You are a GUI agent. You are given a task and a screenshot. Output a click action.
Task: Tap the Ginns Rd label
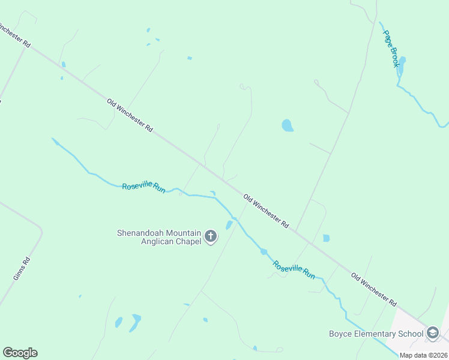tap(21, 268)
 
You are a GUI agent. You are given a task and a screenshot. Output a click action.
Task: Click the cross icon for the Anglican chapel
tap(211, 236)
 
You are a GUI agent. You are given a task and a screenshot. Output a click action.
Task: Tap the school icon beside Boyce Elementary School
tap(433, 334)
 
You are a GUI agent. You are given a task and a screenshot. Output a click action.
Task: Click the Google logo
tap(20, 353)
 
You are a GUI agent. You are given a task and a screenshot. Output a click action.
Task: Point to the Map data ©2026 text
tap(423, 355)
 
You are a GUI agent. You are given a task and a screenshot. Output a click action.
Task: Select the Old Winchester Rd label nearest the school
tap(374, 288)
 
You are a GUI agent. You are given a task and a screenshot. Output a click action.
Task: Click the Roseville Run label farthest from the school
tap(143, 187)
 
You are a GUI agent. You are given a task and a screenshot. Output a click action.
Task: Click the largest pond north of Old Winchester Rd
tap(288, 125)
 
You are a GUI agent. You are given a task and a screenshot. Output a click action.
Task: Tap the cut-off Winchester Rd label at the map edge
tap(13, 35)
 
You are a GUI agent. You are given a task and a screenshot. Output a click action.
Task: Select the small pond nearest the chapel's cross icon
tap(229, 225)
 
